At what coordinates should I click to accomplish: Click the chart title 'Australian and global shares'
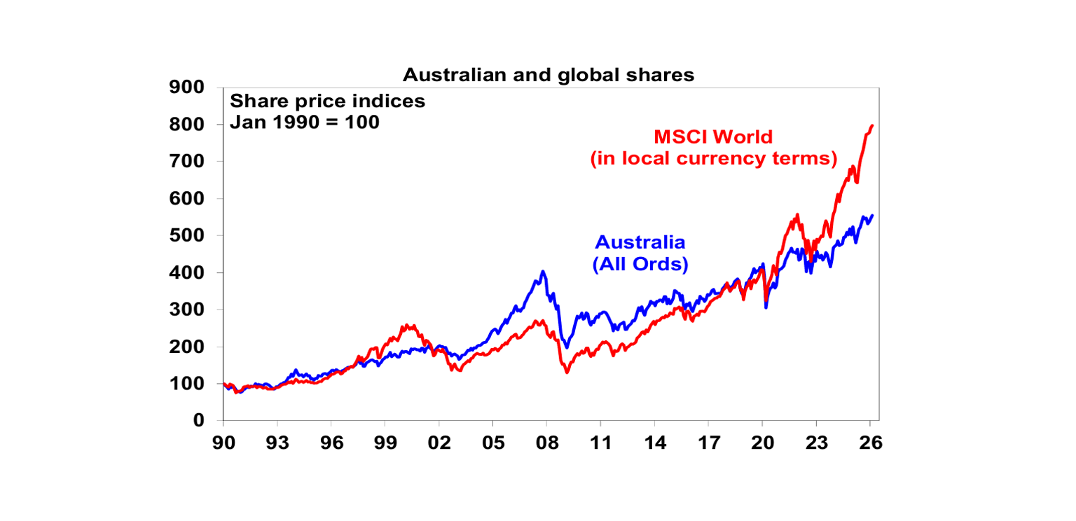click(x=548, y=75)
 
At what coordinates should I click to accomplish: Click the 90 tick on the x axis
click(x=223, y=443)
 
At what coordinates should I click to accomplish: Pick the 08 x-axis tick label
click(x=546, y=443)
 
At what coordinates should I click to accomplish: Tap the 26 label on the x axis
click(x=870, y=443)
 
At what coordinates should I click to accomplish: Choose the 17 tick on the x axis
click(x=708, y=443)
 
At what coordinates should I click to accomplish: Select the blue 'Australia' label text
click(x=640, y=242)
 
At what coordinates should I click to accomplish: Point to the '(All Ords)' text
click(x=640, y=265)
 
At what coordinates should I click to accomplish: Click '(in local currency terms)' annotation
click(x=714, y=159)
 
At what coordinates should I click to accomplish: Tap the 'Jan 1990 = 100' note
click(x=304, y=123)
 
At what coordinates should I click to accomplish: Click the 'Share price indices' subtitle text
click(x=327, y=101)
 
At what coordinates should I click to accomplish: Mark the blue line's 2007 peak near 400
click(x=543, y=272)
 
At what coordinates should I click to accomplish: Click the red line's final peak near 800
click(x=872, y=126)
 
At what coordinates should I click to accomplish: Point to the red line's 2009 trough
click(x=567, y=372)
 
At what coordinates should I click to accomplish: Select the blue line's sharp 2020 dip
click(x=766, y=307)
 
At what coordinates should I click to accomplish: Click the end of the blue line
click(x=872, y=216)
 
